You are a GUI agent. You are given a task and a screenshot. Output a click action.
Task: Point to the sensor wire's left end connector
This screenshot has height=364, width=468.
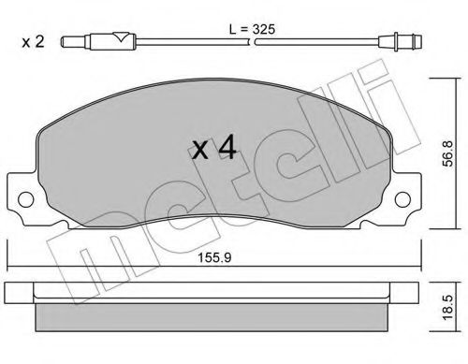pos(70,42)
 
